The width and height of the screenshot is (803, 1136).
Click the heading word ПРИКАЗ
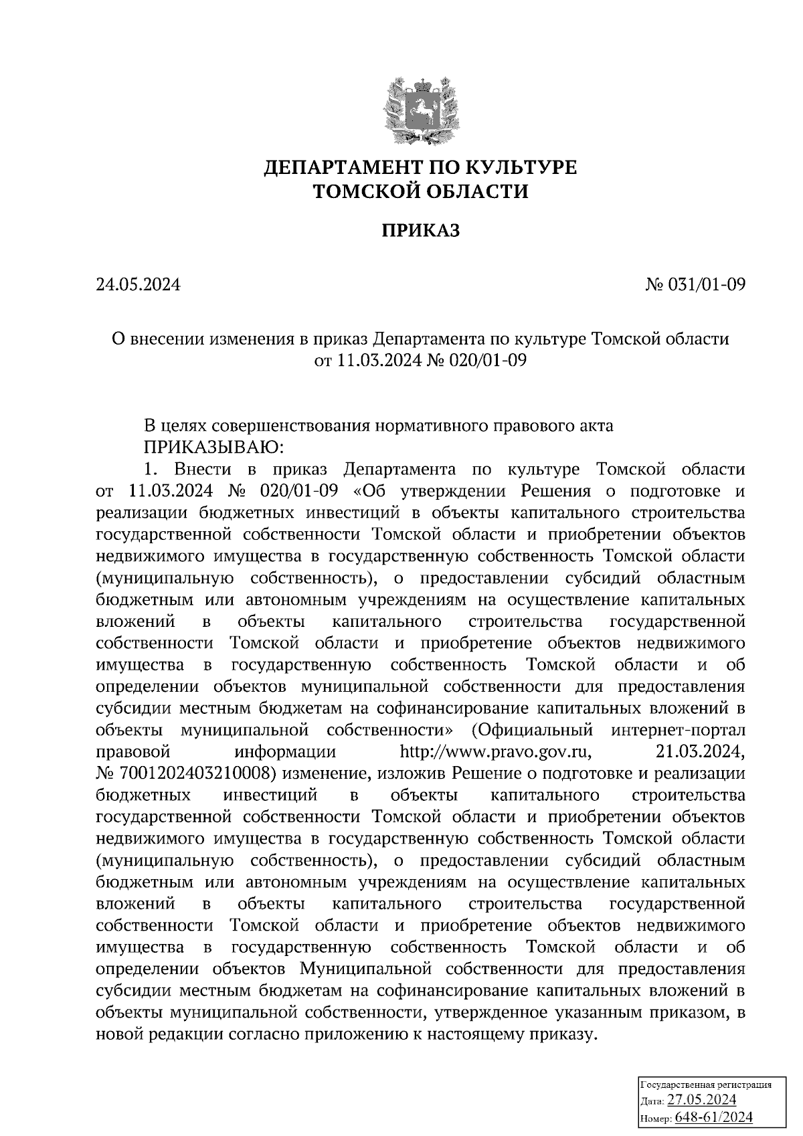[421, 231]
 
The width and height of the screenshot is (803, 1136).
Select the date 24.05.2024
[138, 285]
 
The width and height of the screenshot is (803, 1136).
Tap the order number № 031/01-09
[695, 285]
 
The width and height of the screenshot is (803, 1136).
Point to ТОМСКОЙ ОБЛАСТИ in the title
[421, 192]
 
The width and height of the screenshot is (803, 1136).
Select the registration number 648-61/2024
[714, 1118]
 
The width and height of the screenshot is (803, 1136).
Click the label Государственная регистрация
[706, 1084]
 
